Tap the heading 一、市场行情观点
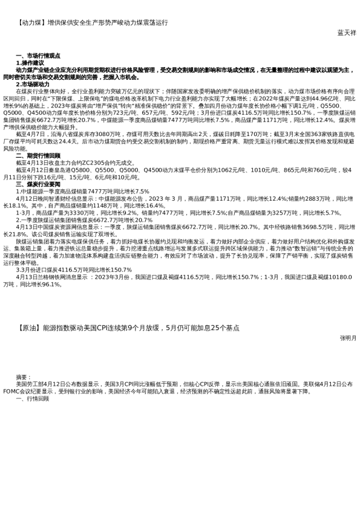pos(38,56)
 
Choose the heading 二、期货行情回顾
pos(38,156)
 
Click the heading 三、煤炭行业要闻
pos(38,183)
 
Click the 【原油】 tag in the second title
pos(31,328)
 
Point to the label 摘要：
pos(24,377)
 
